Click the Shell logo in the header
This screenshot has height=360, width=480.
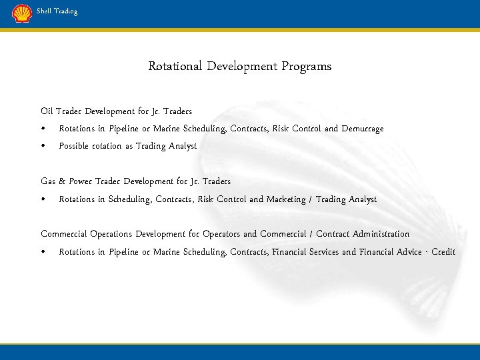pyautogui.click(x=21, y=13)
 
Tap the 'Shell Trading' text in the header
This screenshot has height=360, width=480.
pyautogui.click(x=57, y=11)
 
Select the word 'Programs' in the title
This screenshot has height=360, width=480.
pyautogui.click(x=306, y=67)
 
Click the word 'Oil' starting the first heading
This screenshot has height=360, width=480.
pyautogui.click(x=46, y=111)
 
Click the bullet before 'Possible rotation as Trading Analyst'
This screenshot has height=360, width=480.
pyautogui.click(x=43, y=146)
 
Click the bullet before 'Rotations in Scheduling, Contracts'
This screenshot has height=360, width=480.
pyautogui.click(x=43, y=199)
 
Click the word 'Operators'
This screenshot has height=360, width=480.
pyautogui.click(x=221, y=234)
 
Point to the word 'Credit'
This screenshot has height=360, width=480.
pyautogui.click(x=443, y=252)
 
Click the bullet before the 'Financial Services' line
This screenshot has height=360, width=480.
pyautogui.click(x=43, y=252)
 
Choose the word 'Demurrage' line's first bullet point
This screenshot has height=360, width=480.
pyautogui.click(x=43, y=129)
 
